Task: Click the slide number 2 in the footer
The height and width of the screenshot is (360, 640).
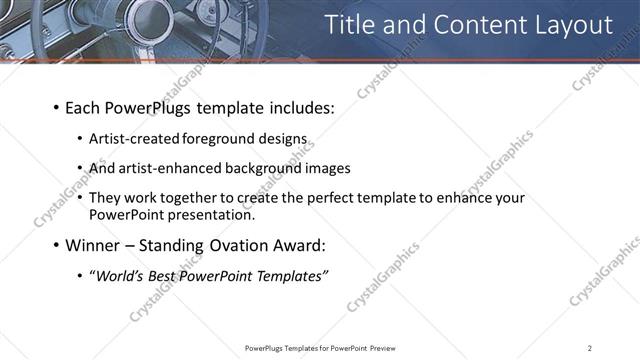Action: tap(590, 347)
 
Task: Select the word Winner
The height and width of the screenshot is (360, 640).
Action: tap(92, 245)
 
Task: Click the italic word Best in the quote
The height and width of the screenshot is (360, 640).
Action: tap(167, 276)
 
